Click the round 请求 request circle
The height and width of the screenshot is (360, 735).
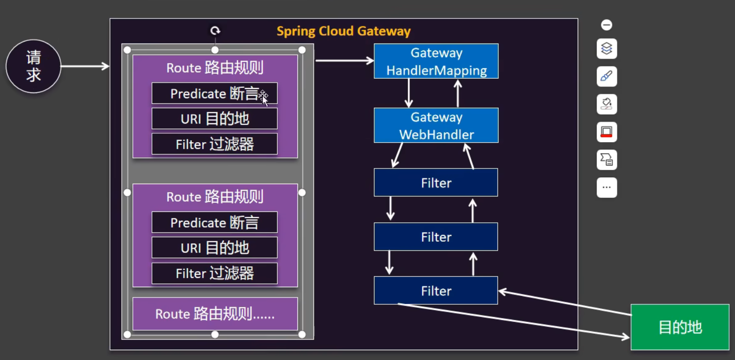click(33, 66)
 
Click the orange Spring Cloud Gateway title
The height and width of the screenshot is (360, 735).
click(343, 31)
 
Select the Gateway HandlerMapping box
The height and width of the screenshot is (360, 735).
click(436, 61)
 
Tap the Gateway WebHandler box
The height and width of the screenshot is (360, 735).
click(436, 125)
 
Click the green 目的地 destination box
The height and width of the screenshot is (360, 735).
click(680, 327)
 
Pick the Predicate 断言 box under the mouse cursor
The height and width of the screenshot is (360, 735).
click(214, 93)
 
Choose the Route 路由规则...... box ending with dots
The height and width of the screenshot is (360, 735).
click(215, 314)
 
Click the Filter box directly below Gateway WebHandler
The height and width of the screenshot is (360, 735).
click(436, 183)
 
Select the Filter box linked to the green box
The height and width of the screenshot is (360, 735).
click(436, 291)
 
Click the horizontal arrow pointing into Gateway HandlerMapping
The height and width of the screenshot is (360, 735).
click(344, 61)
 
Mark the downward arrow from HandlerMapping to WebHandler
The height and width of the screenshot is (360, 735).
click(409, 93)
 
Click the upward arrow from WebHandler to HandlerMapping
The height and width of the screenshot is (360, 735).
click(458, 93)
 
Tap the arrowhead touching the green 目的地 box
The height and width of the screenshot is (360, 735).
click(625, 337)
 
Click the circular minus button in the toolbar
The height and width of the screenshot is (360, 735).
click(607, 25)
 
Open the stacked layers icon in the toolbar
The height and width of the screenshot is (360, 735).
click(607, 48)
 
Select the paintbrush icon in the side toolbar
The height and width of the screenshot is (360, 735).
click(607, 76)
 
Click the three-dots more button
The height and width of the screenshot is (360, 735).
click(607, 187)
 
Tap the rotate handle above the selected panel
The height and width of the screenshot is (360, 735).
click(215, 31)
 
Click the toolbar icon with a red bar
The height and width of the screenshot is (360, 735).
click(607, 132)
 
